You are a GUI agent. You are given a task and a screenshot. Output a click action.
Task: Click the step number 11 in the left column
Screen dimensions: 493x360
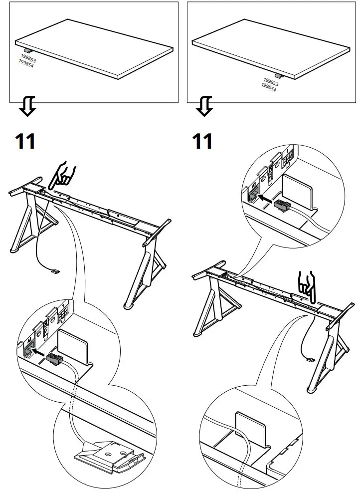[25, 141]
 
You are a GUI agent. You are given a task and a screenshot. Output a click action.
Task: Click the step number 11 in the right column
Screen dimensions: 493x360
[202, 141]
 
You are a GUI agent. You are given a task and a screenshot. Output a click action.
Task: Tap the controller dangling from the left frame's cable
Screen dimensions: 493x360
[55, 271]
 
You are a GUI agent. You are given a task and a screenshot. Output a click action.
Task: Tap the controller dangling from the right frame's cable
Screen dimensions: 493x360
[311, 358]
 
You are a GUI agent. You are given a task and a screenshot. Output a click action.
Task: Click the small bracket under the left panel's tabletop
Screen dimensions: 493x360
[28, 51]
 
